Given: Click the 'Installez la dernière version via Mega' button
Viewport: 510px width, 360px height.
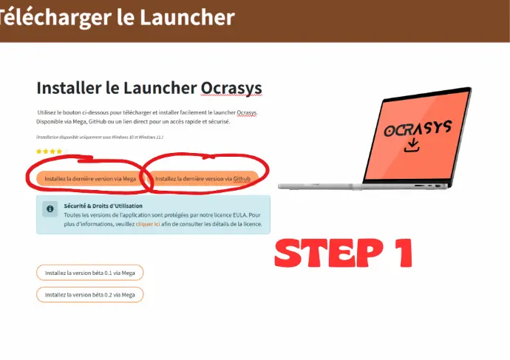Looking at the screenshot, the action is coord(89,179).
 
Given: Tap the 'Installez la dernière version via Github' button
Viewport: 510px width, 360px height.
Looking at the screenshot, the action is coord(203,179).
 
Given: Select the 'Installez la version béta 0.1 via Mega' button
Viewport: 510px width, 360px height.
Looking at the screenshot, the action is coord(89,273).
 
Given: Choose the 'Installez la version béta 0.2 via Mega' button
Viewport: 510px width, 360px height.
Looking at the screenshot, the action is coord(89,295).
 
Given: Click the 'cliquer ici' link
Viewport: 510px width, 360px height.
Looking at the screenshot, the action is coord(148,224).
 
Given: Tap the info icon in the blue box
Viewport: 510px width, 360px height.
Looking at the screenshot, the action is coord(50,208).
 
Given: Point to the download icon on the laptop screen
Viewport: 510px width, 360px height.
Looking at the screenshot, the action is coord(412,145).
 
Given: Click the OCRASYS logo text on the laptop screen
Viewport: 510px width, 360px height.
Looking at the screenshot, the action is coord(418,128).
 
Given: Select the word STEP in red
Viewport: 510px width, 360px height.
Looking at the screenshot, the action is coord(329,253).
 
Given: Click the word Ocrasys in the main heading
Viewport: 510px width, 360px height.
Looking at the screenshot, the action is coord(231,88).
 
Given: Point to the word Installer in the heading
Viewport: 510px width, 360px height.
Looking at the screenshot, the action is coord(69,88).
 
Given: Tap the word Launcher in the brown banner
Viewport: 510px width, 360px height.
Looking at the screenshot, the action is coord(187,17).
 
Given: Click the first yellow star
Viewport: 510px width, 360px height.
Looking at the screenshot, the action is coord(39,152).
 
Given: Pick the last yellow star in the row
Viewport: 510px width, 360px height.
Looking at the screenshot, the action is coord(59,152).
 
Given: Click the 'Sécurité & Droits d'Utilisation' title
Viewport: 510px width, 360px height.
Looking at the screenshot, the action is coord(103,206).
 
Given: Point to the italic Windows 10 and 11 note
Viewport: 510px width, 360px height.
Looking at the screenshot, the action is coord(100,137).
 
